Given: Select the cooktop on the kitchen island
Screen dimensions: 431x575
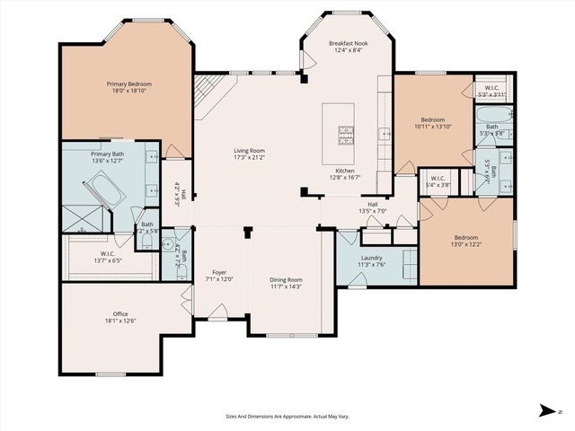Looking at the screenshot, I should pyautogui.click(x=345, y=135).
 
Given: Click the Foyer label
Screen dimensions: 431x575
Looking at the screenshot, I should pyautogui.click(x=218, y=275).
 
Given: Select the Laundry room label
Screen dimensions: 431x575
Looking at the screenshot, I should pyautogui.click(x=371, y=260).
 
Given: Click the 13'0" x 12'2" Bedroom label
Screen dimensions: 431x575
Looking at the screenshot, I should pyautogui.click(x=464, y=241).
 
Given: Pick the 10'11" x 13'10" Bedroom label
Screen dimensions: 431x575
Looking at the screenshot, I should pyautogui.click(x=433, y=123).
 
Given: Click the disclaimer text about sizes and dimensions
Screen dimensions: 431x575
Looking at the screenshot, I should pyautogui.click(x=287, y=417).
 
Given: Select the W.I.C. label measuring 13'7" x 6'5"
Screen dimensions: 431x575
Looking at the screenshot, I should pyautogui.click(x=107, y=257).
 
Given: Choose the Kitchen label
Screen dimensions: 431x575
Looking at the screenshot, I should pyautogui.click(x=348, y=175).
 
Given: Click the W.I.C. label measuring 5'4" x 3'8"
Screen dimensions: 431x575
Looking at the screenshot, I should pyautogui.click(x=438, y=181).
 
